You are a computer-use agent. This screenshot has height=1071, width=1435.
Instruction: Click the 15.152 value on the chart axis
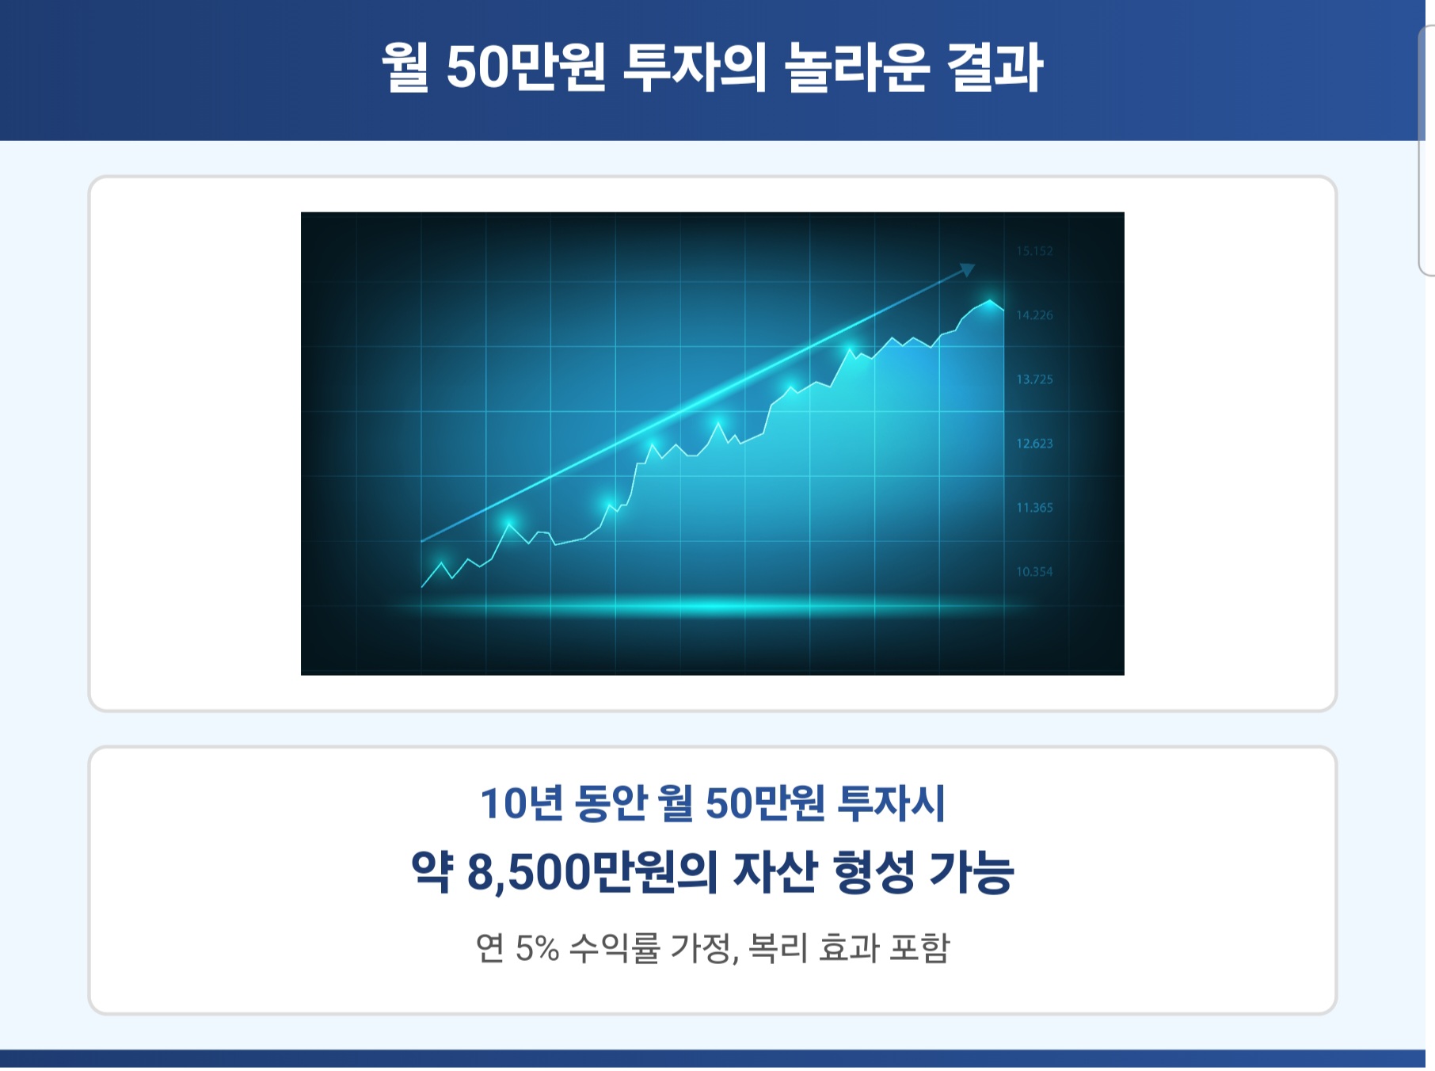pyautogui.click(x=1034, y=251)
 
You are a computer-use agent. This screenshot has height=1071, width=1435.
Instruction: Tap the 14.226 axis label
pyautogui.click(x=1034, y=315)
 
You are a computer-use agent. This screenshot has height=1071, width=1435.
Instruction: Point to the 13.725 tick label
pyautogui.click(x=1034, y=379)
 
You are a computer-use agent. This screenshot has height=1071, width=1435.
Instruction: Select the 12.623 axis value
pyautogui.click(x=1034, y=444)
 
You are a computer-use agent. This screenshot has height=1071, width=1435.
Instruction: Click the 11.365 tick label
pyautogui.click(x=1034, y=508)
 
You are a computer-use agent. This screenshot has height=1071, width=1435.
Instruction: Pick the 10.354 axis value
pyautogui.click(x=1034, y=572)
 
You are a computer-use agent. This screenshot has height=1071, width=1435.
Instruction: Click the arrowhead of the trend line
pyautogui.click(x=967, y=269)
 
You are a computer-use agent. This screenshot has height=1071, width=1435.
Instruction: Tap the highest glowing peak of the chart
pyautogui.click(x=990, y=302)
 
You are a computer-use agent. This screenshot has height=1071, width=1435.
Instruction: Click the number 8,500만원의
pyautogui.click(x=592, y=872)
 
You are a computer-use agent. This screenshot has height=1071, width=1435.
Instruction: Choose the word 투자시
pyautogui.click(x=892, y=803)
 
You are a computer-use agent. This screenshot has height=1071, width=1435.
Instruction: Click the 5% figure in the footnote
pyautogui.click(x=537, y=948)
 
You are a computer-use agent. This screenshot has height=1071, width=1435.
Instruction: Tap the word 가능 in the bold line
pyautogui.click(x=971, y=872)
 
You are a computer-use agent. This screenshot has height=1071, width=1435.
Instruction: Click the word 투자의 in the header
pyautogui.click(x=695, y=67)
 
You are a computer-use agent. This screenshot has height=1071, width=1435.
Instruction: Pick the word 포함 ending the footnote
pyautogui.click(x=919, y=948)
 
